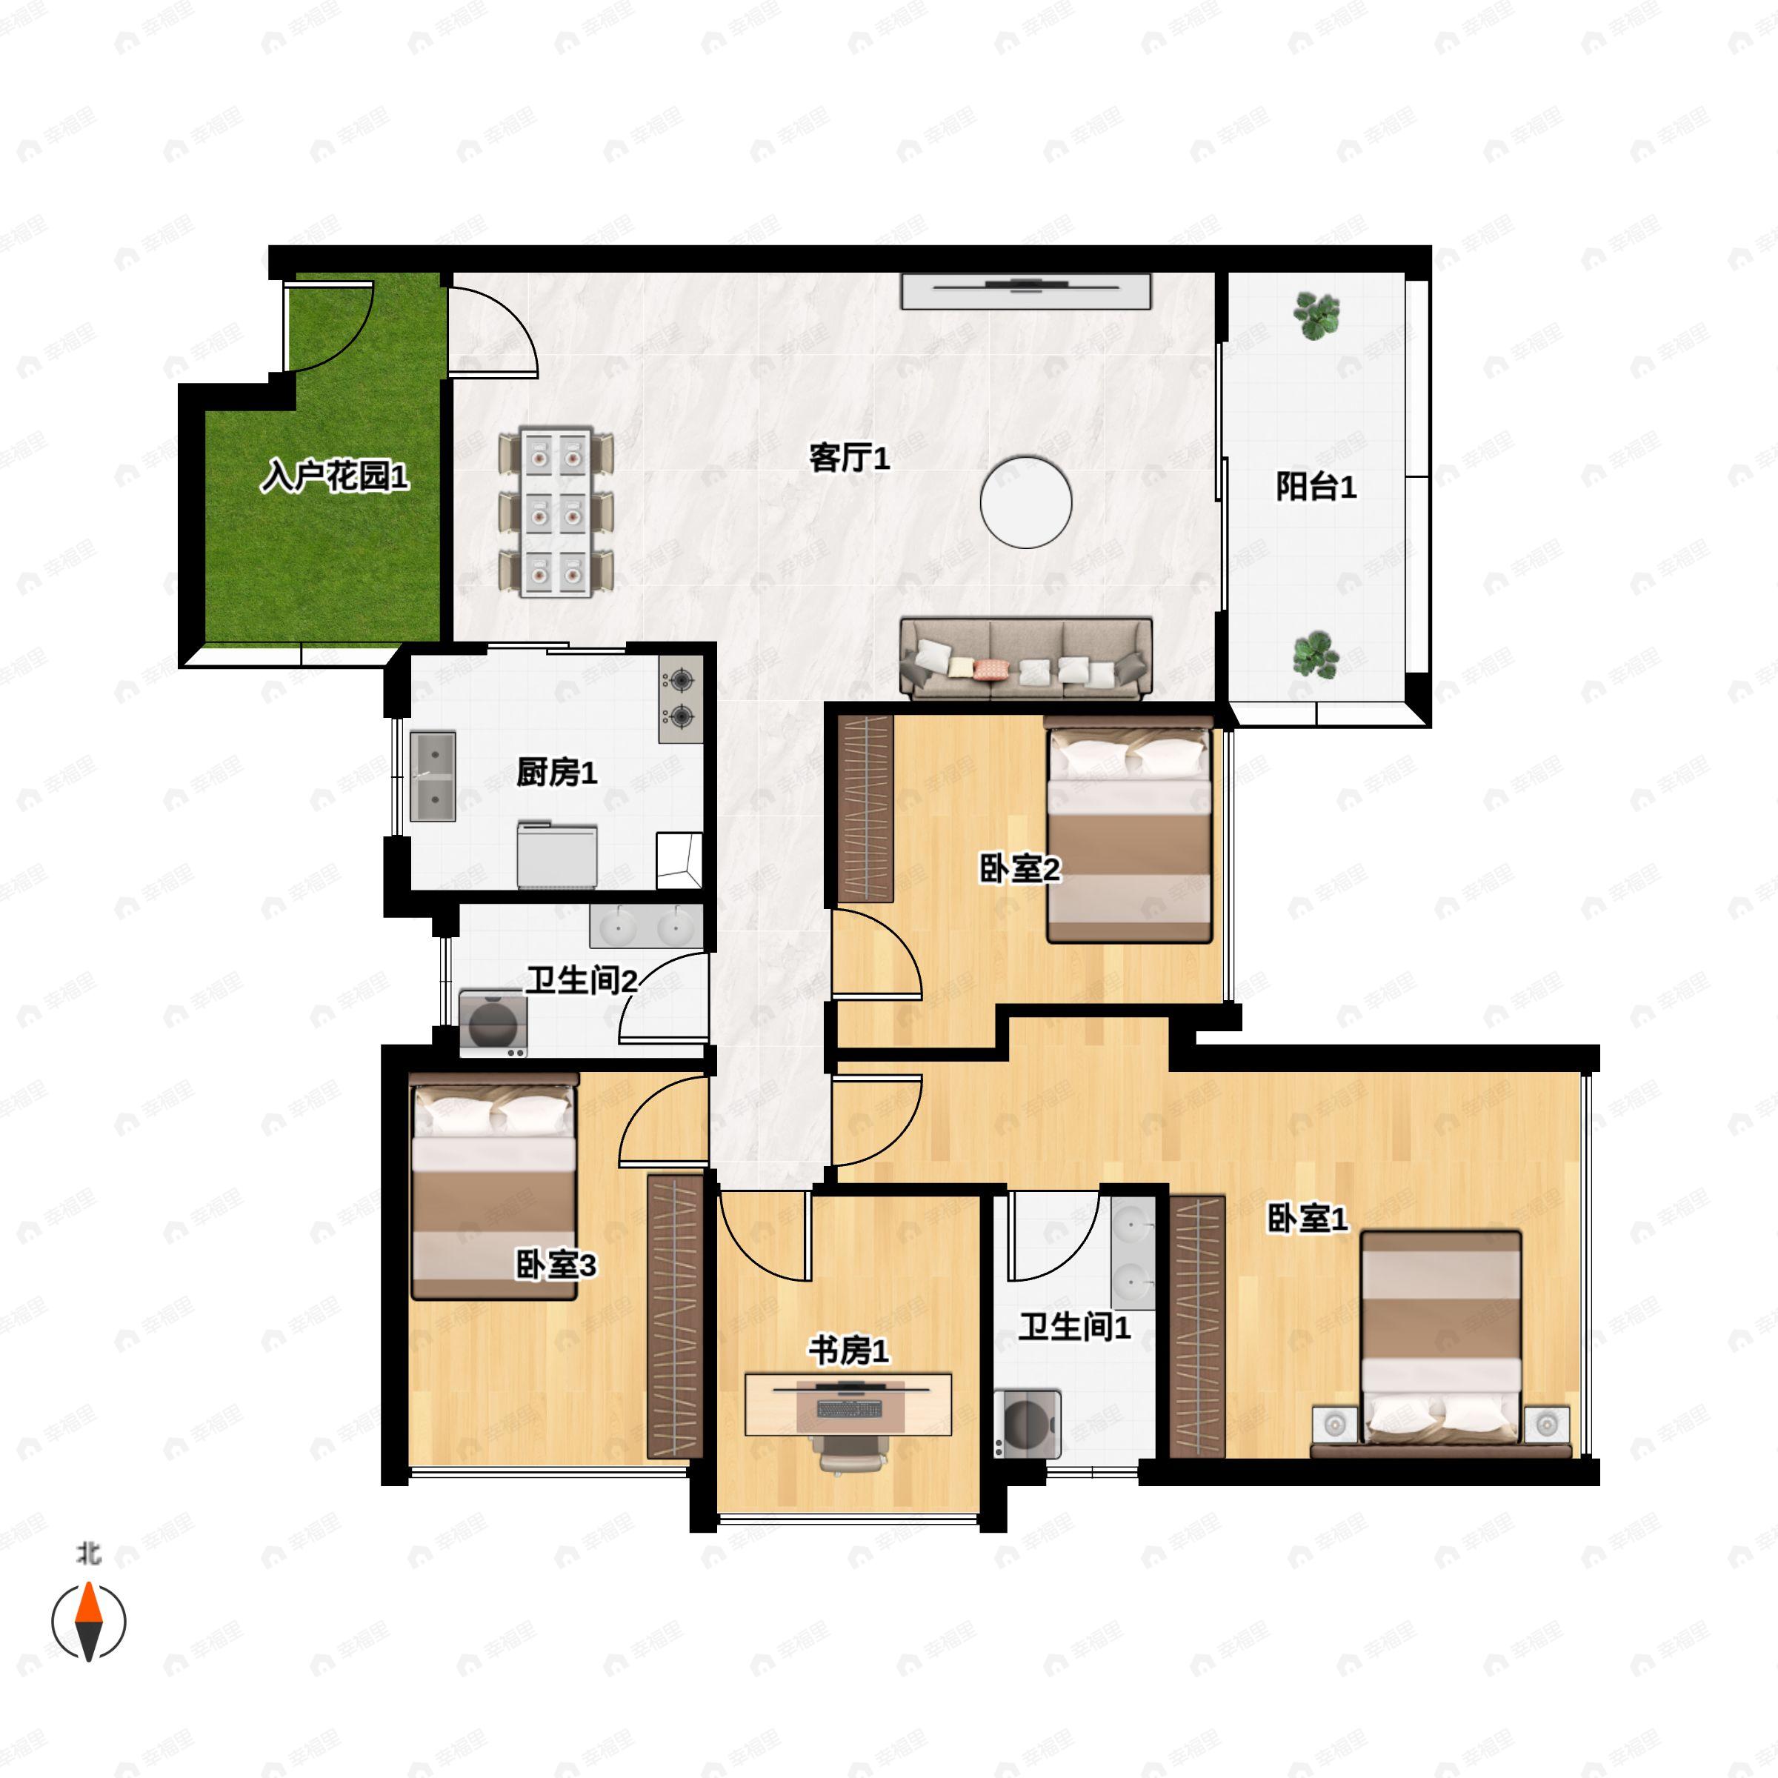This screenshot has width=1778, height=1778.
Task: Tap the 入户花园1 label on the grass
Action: pos(334,476)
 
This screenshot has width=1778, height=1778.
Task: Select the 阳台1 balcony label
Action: pos(1315,486)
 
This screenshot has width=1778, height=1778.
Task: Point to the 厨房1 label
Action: pos(557,771)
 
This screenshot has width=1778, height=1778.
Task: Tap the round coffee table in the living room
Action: pos(1025,502)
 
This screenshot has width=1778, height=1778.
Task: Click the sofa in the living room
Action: pos(1025,658)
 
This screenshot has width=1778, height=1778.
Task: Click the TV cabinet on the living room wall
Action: pos(1025,291)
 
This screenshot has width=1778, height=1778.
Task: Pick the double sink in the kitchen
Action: pos(433,776)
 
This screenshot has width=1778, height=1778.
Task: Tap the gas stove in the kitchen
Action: pos(681,699)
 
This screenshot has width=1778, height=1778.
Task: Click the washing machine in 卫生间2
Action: pos(493,1022)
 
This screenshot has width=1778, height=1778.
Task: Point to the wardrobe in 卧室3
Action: pos(676,1316)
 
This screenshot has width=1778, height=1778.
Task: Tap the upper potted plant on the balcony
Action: pos(1316,316)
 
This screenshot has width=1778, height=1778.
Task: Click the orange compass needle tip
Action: pos(88,1583)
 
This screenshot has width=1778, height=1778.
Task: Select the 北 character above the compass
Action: pos(88,1554)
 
